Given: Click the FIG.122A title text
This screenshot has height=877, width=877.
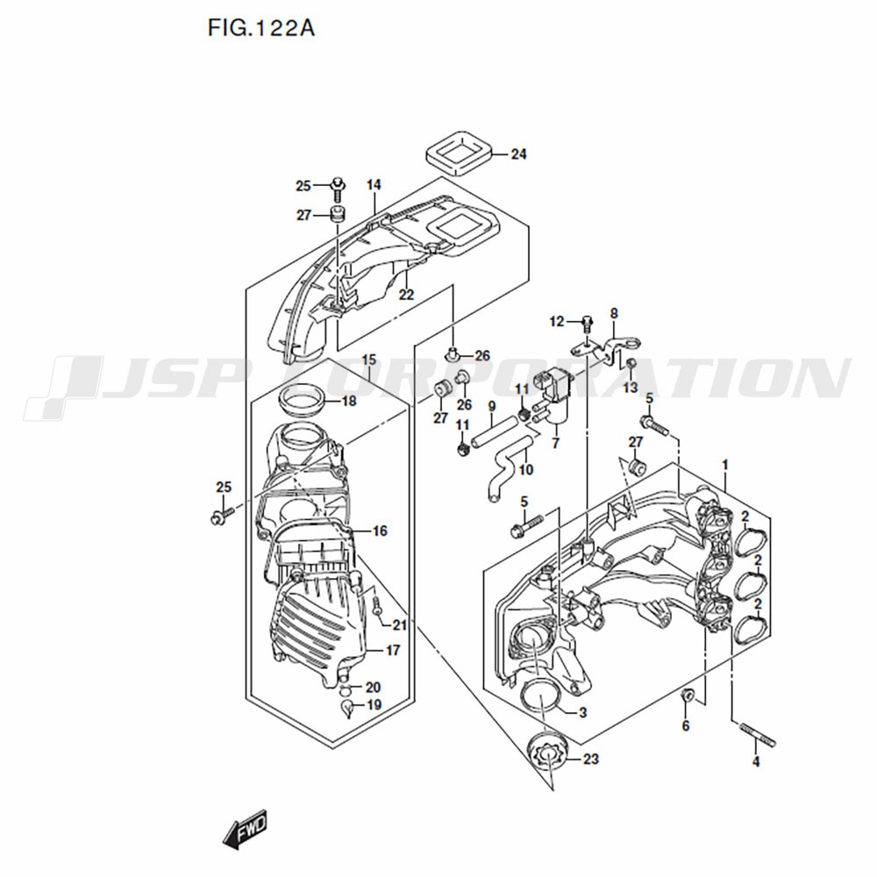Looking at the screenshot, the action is [x=261, y=28].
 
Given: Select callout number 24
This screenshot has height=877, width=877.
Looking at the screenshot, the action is [x=518, y=153].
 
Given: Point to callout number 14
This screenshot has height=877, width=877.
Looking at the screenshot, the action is [x=374, y=184].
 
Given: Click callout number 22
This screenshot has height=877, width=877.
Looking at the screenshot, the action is [x=406, y=294].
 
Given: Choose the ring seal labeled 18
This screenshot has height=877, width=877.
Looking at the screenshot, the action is [x=301, y=400].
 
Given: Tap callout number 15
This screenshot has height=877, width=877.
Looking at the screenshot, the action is [x=369, y=360].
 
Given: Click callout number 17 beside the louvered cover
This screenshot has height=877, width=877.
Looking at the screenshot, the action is [x=393, y=651].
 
